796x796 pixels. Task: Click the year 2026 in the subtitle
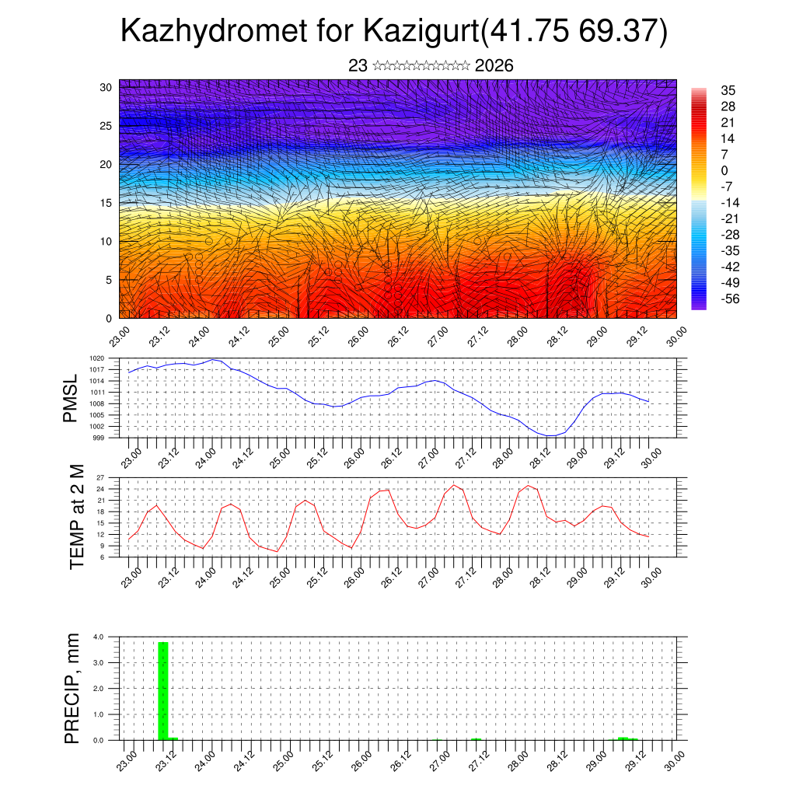[494, 66]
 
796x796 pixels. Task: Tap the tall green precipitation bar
[163, 690]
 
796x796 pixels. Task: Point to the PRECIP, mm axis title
[72, 688]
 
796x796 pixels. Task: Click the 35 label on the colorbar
[728, 90]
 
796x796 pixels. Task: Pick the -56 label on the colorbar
[730, 298]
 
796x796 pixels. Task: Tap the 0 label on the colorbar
[724, 170]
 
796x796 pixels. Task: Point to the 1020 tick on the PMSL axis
[97, 358]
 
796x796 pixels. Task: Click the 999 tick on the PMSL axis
[99, 438]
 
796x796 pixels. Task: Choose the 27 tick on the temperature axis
[100, 477]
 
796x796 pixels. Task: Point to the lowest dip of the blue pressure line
[550, 436]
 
